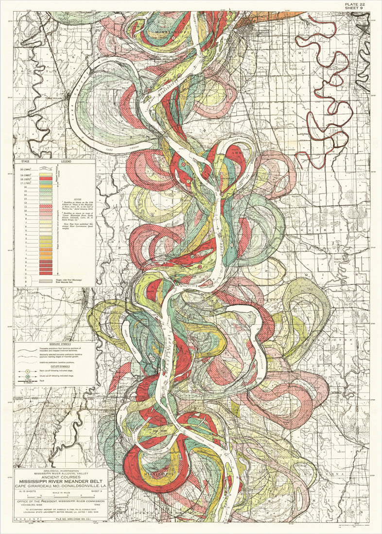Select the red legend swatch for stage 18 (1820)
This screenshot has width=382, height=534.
[46, 179]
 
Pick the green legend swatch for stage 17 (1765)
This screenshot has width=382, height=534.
[46, 183]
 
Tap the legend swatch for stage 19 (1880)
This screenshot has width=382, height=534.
[46, 174]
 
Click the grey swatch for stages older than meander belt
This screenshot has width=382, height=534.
[46, 281]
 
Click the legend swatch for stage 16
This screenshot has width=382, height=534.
[46, 187]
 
